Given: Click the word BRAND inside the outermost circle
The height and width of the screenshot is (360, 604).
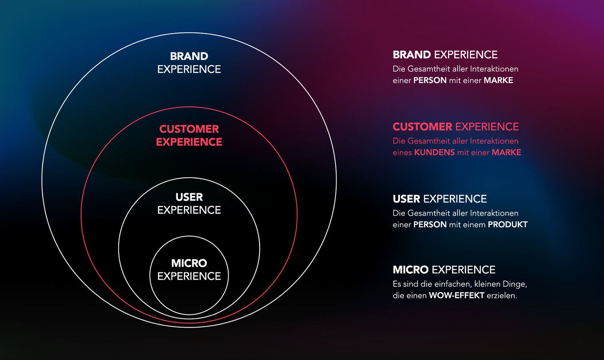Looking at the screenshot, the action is point(189,56).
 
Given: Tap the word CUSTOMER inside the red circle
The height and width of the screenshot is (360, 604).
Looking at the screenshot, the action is point(189,129).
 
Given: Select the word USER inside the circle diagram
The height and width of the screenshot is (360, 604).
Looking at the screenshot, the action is point(189,197).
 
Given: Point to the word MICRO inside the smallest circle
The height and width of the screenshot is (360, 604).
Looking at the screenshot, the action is point(189,263).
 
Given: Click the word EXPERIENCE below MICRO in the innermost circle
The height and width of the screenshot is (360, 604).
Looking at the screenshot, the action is point(189,276).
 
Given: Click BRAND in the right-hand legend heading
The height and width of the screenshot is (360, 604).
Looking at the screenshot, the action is point(412,54).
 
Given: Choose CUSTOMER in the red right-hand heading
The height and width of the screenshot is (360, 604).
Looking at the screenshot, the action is point(422,126).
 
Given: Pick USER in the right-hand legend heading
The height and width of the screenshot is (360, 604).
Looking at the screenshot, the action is point(407,199).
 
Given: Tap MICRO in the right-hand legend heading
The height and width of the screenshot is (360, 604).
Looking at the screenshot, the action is point(411,270).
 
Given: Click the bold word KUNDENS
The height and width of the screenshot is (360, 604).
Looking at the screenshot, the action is point(435,152).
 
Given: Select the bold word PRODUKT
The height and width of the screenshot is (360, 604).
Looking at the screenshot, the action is point(508,224).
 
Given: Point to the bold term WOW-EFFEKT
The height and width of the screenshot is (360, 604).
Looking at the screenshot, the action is point(456,296).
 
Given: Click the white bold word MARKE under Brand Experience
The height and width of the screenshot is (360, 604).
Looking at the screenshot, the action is point(498,80).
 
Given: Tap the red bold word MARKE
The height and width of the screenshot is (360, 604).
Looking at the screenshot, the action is point(506,152).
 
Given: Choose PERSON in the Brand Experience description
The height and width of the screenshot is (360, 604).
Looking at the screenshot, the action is point(430,80).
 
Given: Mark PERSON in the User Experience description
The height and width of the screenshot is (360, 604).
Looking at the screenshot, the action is point(430,224).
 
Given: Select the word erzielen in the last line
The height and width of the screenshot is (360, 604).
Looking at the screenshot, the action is point(502,296).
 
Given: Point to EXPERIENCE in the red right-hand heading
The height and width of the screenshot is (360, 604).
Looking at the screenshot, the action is point(487,126).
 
